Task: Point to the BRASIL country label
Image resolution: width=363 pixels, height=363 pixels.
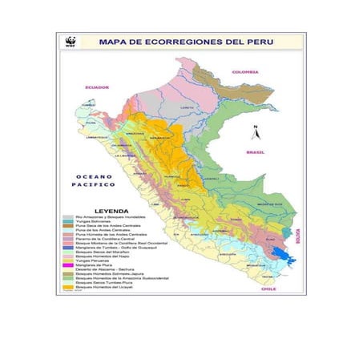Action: pos(256,151)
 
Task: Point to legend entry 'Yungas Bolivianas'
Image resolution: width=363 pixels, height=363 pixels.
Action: pos(91,222)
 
